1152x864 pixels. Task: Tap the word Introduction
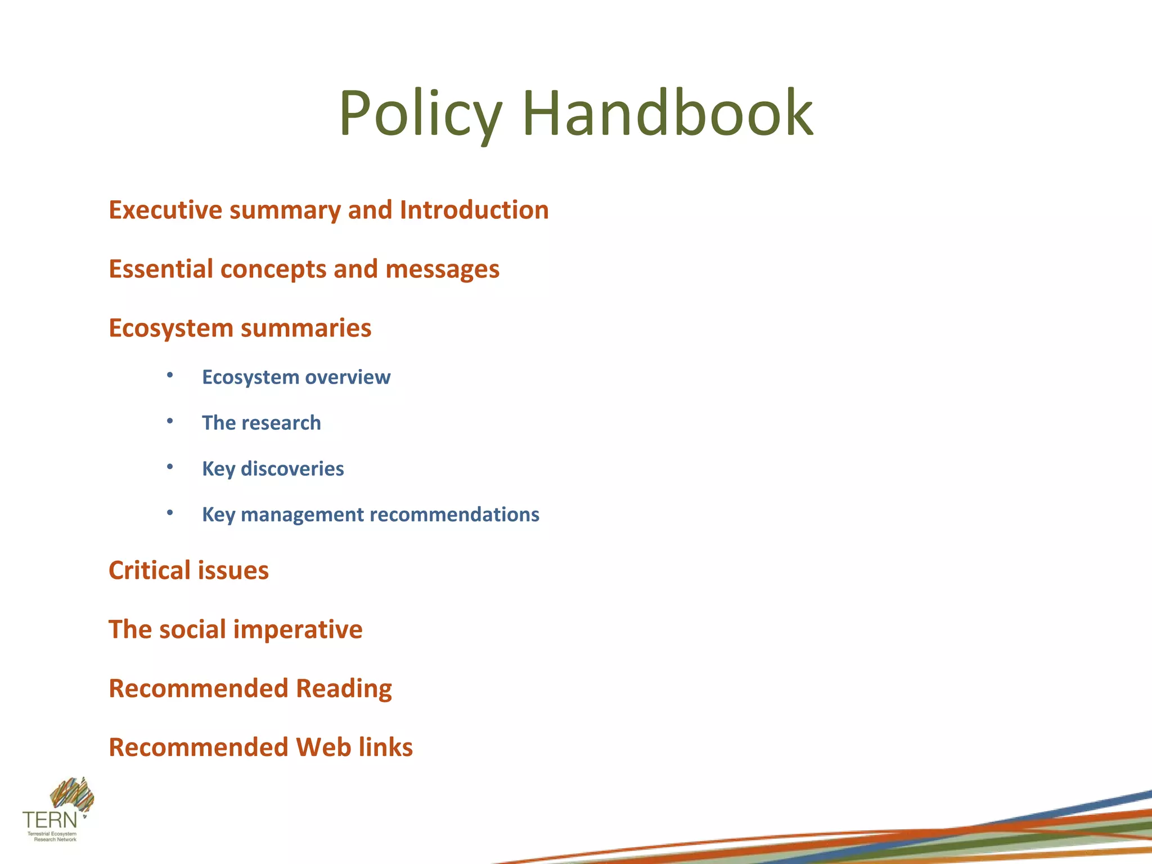point(474,210)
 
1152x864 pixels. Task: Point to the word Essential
point(160,269)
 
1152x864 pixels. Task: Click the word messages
point(442,269)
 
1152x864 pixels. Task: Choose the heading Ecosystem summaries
point(240,328)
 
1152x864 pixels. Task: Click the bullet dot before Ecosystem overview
point(170,375)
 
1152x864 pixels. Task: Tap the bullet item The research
point(261,423)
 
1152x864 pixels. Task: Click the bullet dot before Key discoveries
point(170,467)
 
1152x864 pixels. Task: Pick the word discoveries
point(292,469)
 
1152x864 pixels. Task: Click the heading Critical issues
point(188,570)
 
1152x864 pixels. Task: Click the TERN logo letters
point(49,819)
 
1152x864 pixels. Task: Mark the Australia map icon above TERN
point(72,794)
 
